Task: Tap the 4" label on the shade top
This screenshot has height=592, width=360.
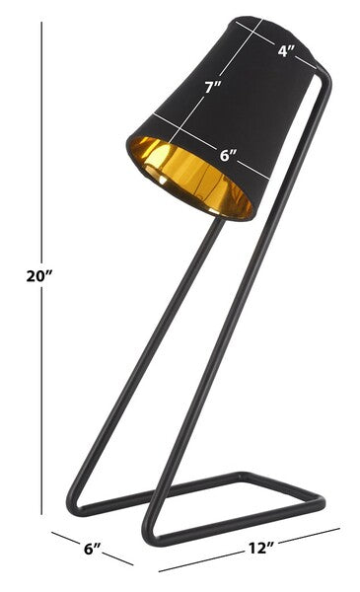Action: coord(286,51)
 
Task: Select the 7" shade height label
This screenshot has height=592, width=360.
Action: coord(210,86)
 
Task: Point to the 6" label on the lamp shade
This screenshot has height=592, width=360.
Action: coord(228,154)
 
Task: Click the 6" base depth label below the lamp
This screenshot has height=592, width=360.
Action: coord(92,548)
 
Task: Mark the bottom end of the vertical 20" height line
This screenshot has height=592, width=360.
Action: coord(42,512)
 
